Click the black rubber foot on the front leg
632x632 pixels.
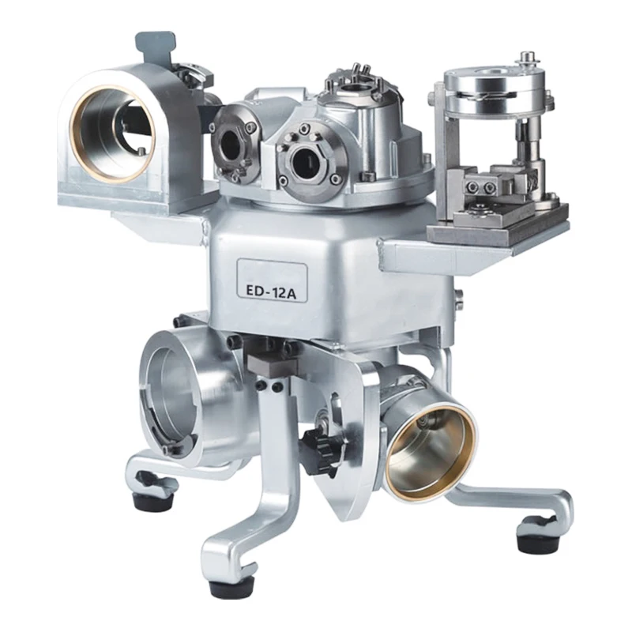click(x=230, y=585)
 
